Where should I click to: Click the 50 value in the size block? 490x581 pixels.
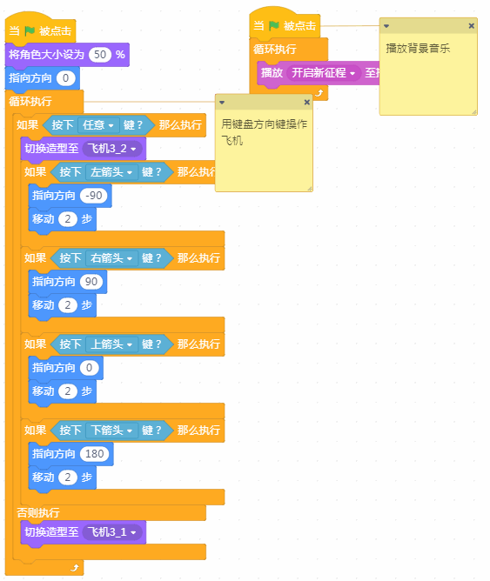(100, 55)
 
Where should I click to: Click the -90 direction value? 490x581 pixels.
(93, 196)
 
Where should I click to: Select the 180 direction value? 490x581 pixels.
(95, 453)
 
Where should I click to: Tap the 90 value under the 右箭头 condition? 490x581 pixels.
(91, 282)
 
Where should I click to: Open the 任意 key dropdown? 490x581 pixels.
(98, 125)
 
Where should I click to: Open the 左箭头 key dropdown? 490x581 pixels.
(111, 172)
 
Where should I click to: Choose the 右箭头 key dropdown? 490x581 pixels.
(111, 258)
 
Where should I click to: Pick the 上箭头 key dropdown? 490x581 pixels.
(111, 344)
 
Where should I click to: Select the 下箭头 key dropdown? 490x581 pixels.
(111, 431)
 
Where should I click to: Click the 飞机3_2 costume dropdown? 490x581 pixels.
(112, 149)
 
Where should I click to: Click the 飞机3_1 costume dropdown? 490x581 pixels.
(112, 532)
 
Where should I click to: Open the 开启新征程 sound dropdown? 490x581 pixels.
(324, 73)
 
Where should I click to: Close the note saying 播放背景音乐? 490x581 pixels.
(471, 25)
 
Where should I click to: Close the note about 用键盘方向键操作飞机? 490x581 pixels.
(307, 103)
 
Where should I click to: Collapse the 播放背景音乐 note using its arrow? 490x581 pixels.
(386, 26)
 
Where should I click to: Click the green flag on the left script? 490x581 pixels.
(30, 30)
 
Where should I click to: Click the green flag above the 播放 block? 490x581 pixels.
(274, 25)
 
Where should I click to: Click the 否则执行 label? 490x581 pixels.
(38, 512)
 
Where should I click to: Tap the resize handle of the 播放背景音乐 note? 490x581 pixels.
(474, 112)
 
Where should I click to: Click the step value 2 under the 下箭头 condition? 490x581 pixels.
(68, 477)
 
